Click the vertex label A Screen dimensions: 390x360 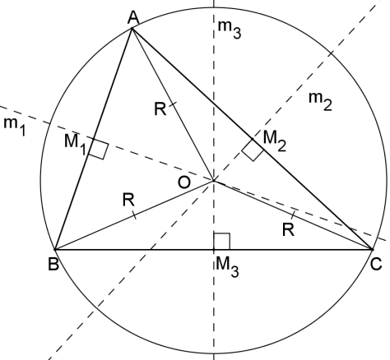(133, 18)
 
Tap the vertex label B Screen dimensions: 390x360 (53, 265)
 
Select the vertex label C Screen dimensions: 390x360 (375, 265)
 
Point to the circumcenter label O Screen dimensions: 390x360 (184, 182)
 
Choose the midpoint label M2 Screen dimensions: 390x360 (275, 141)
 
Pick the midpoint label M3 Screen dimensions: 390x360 (227, 267)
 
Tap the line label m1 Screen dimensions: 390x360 (15, 127)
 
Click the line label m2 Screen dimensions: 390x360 (320, 101)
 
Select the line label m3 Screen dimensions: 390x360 (230, 30)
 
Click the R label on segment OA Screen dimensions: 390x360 (160, 108)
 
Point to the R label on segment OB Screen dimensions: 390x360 (128, 200)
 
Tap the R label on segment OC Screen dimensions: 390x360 (288, 229)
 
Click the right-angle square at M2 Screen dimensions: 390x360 (253, 150)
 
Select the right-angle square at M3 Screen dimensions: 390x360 (221, 242)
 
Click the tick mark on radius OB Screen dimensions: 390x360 (134, 215)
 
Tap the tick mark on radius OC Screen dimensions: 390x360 (293, 215)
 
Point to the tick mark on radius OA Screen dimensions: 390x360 (173, 104)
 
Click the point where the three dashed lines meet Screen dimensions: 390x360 (214, 181)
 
